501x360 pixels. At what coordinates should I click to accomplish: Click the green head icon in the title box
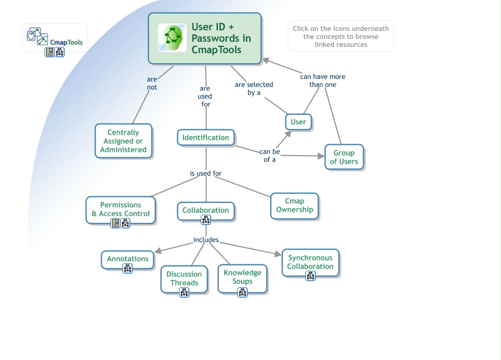click(172, 38)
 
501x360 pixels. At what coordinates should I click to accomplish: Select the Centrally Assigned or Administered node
click(124, 141)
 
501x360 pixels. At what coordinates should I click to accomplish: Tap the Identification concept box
click(206, 137)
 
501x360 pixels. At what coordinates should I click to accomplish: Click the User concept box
click(298, 122)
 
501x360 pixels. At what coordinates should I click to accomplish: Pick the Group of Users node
click(344, 157)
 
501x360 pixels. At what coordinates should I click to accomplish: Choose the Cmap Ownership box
click(295, 205)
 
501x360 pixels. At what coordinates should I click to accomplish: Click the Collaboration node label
click(206, 210)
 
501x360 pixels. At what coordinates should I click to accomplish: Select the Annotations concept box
click(128, 259)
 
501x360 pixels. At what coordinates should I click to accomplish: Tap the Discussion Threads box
click(184, 278)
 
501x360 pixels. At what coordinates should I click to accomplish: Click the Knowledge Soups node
click(242, 277)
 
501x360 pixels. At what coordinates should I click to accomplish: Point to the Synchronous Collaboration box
click(311, 262)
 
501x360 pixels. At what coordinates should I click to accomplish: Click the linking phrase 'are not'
click(152, 84)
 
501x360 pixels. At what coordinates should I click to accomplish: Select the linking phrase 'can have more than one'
click(323, 80)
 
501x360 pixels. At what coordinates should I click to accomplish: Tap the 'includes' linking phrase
click(206, 240)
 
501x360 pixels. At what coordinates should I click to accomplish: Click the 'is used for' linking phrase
click(206, 173)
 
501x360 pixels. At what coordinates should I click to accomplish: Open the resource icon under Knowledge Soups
click(242, 292)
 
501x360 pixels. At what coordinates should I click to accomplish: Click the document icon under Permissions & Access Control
click(116, 223)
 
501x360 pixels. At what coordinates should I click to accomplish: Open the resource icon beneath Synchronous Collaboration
click(311, 276)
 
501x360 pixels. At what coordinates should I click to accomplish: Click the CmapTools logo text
click(66, 42)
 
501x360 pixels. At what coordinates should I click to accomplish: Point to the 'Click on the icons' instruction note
click(341, 36)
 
